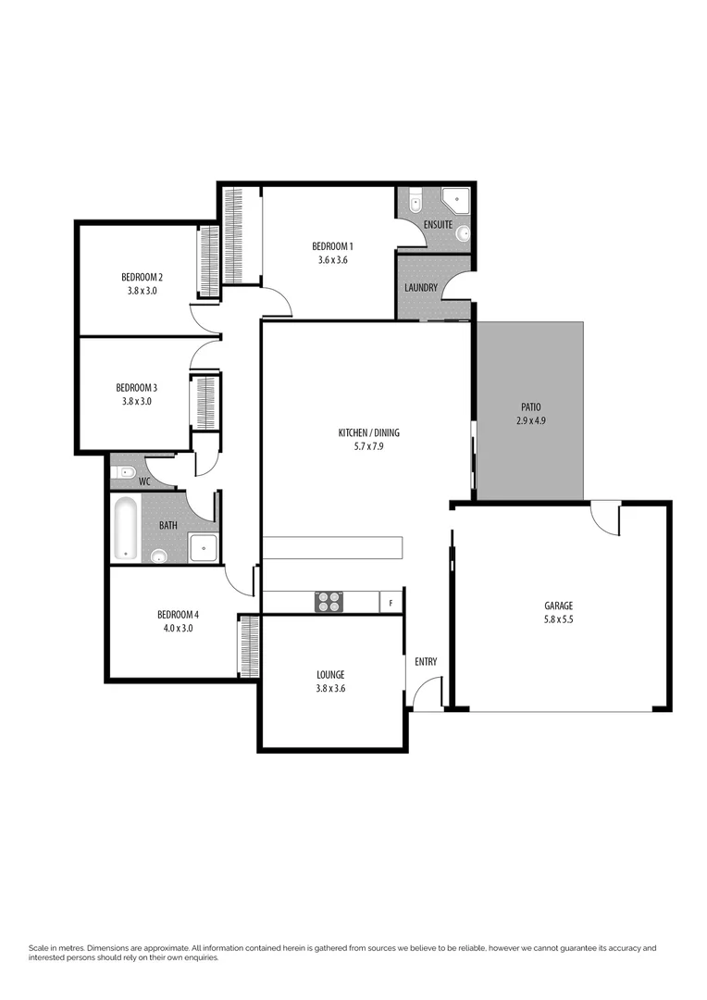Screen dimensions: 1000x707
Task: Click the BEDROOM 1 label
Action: [x=332, y=246]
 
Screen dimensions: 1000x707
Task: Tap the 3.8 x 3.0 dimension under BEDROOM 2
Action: [x=142, y=291]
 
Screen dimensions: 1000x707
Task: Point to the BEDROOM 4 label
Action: [x=177, y=615]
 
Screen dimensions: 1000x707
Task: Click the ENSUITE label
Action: [x=438, y=225]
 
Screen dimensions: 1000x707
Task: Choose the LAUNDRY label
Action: [x=420, y=288]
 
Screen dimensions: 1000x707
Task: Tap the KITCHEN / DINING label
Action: [x=368, y=432]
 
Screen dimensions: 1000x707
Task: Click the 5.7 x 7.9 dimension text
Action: [x=368, y=447]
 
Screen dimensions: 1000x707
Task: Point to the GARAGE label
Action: [x=558, y=606]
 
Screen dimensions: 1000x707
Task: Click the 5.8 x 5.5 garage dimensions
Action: [x=558, y=619]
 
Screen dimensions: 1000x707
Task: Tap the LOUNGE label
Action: [x=329, y=675]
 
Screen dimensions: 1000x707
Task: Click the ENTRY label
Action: [x=426, y=662]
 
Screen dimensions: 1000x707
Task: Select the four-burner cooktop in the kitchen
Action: [x=329, y=602]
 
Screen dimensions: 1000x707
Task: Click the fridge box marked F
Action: [x=391, y=603]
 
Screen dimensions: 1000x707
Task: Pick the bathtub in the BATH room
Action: [x=125, y=528]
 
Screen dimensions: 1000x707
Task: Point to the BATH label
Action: [x=167, y=526]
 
